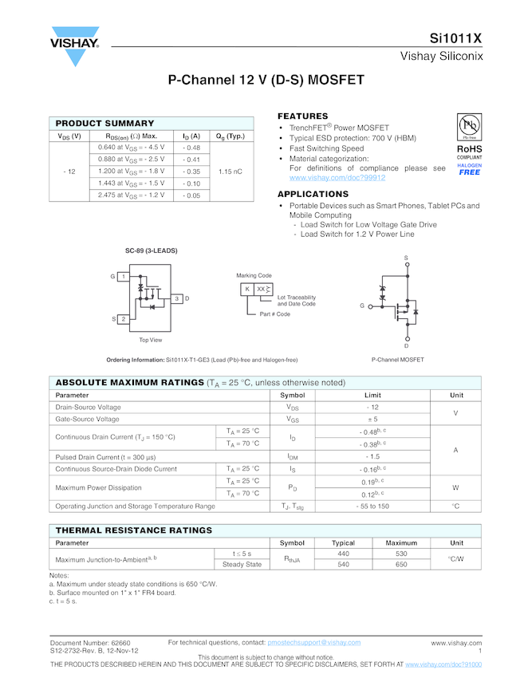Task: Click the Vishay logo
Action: [74, 47]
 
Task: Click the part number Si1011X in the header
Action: [455, 37]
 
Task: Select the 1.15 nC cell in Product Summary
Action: [230, 171]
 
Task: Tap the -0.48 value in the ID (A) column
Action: [191, 148]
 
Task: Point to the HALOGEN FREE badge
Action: [470, 169]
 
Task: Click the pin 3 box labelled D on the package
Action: [176, 298]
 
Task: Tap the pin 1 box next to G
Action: [124, 276]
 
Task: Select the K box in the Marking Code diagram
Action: [247, 289]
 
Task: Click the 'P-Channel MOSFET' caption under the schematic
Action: [398, 360]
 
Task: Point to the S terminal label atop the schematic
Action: [406, 258]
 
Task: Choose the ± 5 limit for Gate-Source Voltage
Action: [372, 419]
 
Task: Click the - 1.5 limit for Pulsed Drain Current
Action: [372, 456]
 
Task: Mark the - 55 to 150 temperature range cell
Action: [372, 507]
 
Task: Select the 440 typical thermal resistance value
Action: [343, 554]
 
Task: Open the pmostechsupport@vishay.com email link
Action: [314, 642]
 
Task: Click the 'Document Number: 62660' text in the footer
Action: [90, 642]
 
